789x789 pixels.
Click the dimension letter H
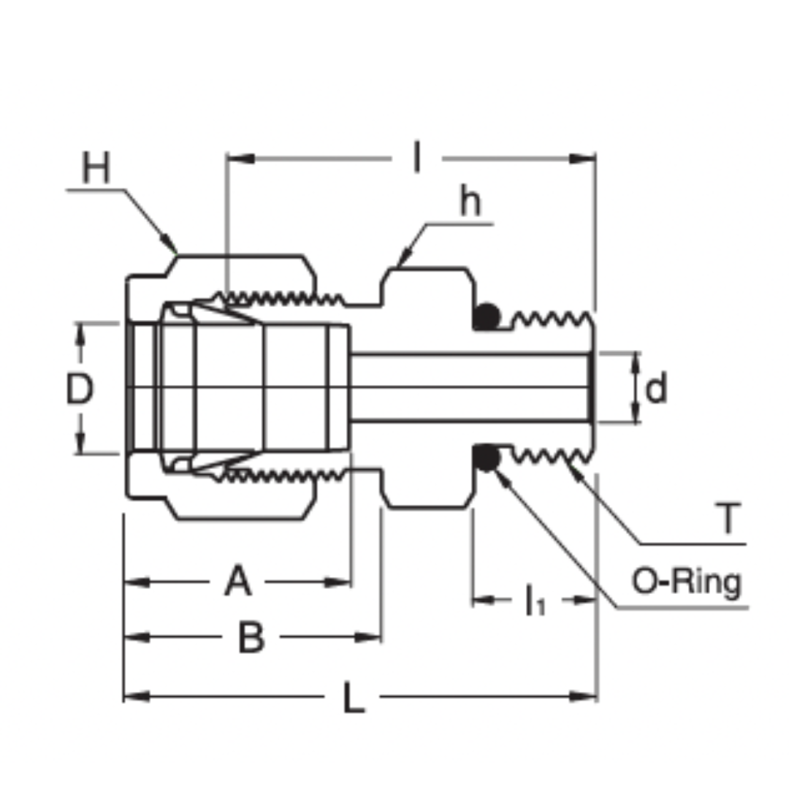coord(96,167)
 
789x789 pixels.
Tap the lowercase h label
coord(470,202)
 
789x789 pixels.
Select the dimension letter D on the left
coord(80,388)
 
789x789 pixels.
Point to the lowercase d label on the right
coord(655,387)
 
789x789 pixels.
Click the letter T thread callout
coord(728,518)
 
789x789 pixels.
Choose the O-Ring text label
coord(686,583)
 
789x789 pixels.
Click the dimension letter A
coord(237,581)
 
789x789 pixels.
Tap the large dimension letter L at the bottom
coord(354,697)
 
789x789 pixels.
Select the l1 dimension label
coord(535,601)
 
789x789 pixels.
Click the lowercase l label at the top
coord(416,157)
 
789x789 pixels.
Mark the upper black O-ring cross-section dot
coord(486,317)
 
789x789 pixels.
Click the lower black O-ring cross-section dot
coord(486,458)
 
